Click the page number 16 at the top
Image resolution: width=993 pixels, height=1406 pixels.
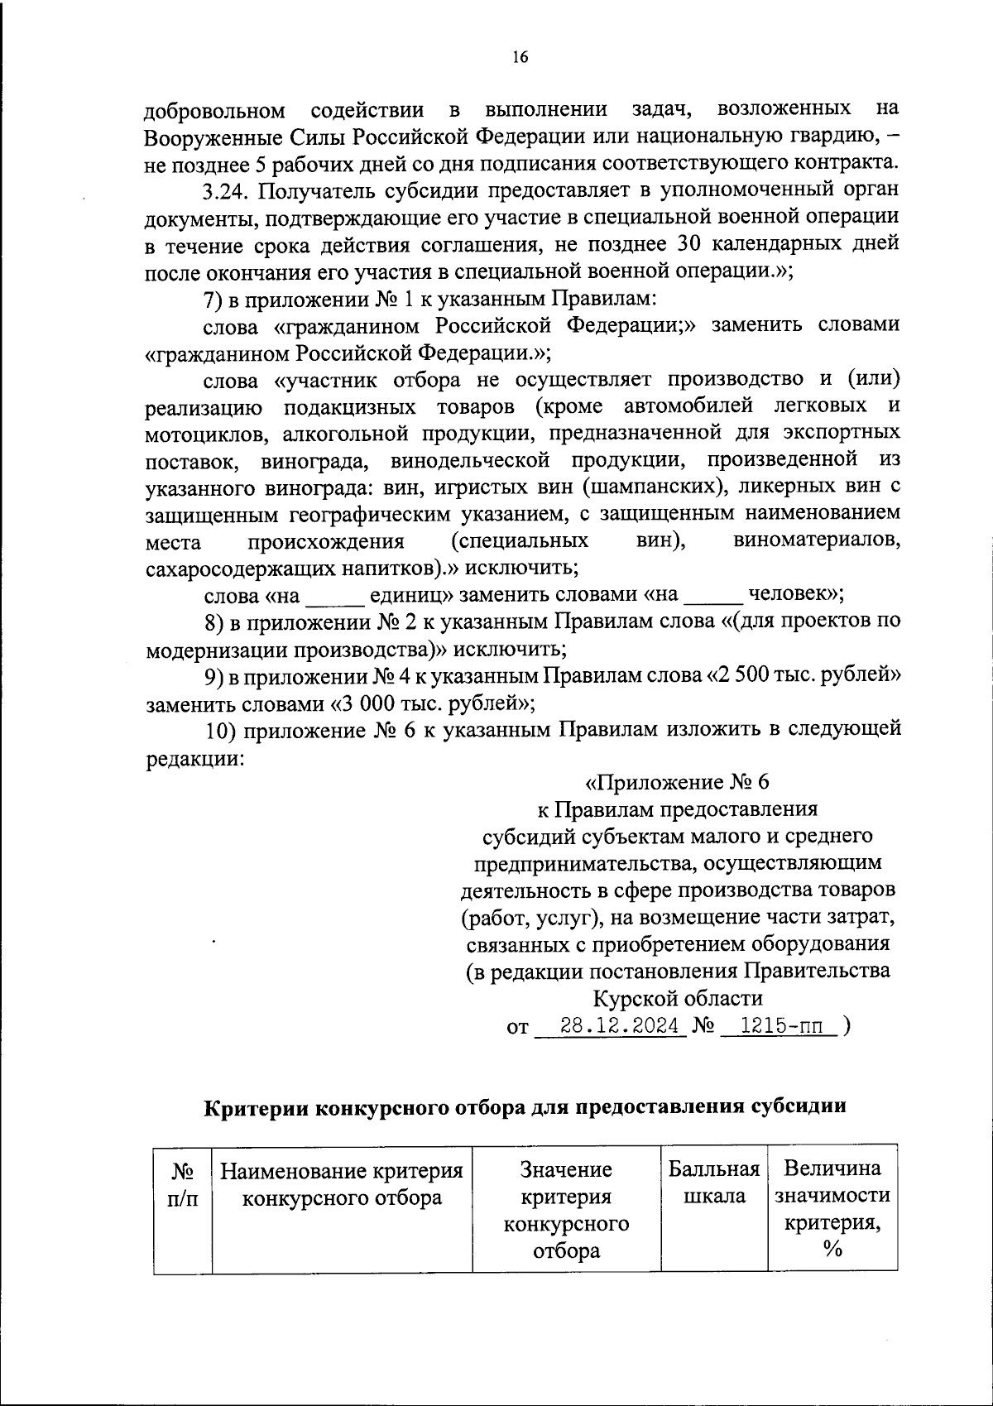(519, 57)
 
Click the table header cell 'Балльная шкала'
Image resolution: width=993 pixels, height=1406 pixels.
(714, 1183)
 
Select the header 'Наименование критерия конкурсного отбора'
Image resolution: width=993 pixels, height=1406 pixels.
(342, 1183)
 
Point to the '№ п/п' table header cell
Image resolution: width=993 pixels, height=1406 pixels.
(183, 1183)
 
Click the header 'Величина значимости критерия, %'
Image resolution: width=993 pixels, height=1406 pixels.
(832, 1209)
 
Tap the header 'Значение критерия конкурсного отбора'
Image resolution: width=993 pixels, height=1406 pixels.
(566, 1209)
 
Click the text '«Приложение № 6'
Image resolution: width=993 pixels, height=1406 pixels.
(678, 782)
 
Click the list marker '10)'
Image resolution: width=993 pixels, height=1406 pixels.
(220, 730)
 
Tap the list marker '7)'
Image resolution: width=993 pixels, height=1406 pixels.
(213, 298)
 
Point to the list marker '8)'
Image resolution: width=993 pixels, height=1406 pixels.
(213, 621)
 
